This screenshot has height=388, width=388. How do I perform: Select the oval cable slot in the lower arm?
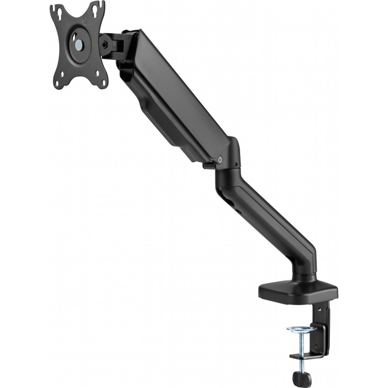coord(226,194)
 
